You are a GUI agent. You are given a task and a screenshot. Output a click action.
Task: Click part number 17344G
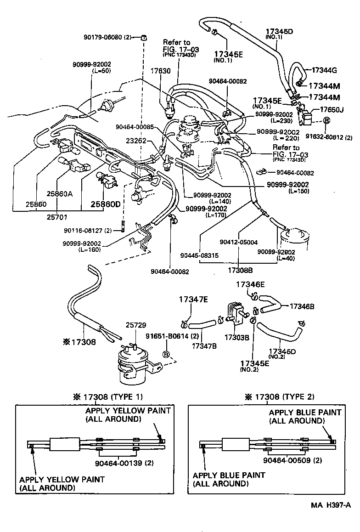(x=324, y=70)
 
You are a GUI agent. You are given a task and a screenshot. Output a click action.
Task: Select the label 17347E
(x=193, y=300)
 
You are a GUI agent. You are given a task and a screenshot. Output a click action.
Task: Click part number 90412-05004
(x=238, y=242)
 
